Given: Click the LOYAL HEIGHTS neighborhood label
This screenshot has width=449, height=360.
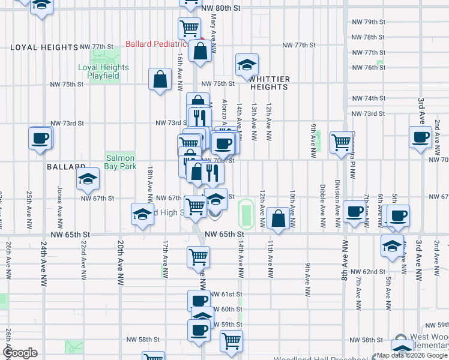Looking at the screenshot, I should coord(44,47).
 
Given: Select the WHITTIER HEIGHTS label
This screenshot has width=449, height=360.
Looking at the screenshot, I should coord(270,83).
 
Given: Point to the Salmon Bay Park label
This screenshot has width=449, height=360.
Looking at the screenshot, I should coord(121,162).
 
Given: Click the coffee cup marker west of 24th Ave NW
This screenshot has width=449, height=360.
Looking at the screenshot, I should coord(41,138).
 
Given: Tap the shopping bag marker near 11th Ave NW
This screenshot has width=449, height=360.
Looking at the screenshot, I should coord(279,219).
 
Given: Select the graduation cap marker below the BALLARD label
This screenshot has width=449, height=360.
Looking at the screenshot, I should coord(88,178).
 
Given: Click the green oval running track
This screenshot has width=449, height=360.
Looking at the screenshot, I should coord(246,211).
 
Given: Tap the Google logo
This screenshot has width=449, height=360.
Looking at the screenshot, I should coord(20,353).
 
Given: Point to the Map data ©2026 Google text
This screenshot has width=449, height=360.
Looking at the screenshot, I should coord(412,355).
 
